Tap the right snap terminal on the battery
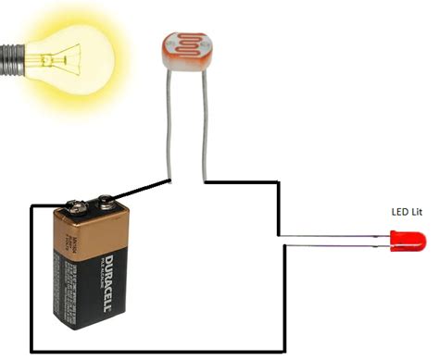(x=105, y=199)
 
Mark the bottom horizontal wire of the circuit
(x=157, y=353)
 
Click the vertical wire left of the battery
(x=31, y=278)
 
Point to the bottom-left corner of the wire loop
(x=31, y=353)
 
